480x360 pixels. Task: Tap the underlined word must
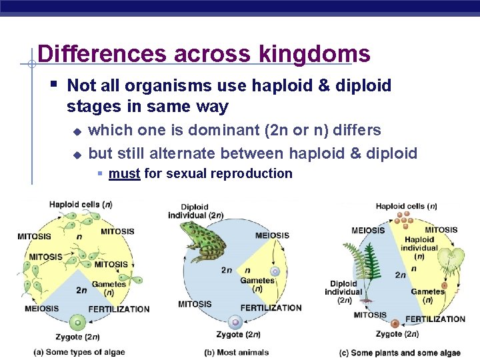[x=124, y=174]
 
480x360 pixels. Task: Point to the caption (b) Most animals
[x=237, y=352]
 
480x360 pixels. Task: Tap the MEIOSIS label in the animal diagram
[x=272, y=235]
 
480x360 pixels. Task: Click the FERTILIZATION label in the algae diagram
[x=119, y=309]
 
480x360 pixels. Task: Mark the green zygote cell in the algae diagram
[x=78, y=323]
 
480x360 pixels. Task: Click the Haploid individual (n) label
[x=419, y=247]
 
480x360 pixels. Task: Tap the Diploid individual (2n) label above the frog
[x=195, y=211]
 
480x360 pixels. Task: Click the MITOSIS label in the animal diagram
[x=195, y=305]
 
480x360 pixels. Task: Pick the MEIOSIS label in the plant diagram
[x=367, y=231]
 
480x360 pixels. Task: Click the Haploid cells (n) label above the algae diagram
[x=81, y=205]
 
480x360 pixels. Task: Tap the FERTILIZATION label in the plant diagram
[x=435, y=319]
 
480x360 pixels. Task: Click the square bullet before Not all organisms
[x=54, y=85]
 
